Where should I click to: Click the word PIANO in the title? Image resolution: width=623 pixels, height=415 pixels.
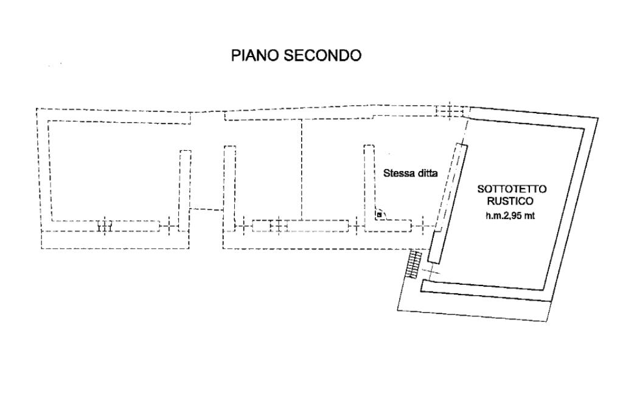tap(252, 56)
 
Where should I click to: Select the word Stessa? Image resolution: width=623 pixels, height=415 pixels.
tap(397, 173)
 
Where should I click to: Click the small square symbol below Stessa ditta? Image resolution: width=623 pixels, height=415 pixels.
tap(379, 214)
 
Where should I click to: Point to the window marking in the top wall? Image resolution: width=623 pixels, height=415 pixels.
tap(450, 111)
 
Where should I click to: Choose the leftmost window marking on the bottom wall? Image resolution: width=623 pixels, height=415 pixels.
tap(104, 226)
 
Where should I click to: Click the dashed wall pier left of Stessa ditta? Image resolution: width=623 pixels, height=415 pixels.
tap(368, 183)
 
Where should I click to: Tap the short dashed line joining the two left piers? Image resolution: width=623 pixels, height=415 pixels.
tap(207, 209)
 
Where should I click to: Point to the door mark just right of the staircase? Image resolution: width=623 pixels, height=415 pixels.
tap(430, 268)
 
